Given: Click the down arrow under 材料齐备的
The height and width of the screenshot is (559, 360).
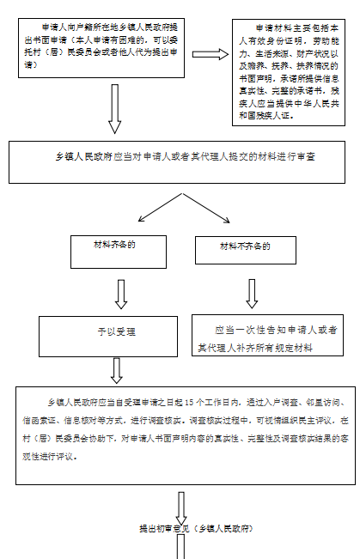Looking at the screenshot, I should click(120, 293).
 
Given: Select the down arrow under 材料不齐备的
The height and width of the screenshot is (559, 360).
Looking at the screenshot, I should click(252, 292).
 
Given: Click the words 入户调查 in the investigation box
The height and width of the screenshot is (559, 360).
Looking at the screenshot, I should click(281, 402).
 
